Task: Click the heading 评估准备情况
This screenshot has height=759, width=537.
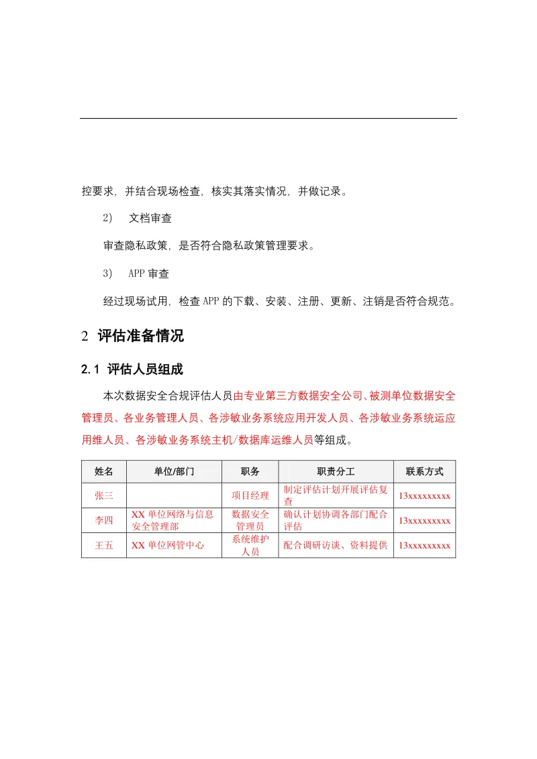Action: point(140,337)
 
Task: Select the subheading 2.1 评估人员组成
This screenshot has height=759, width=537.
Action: point(132,369)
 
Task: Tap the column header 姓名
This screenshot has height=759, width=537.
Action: point(104,471)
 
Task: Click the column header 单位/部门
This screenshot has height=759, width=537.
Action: point(174,471)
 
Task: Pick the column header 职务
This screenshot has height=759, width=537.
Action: point(250,471)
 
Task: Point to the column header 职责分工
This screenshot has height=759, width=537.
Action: point(336,471)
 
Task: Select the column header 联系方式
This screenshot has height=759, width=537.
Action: point(424,471)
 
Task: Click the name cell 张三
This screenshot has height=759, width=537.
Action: point(104,496)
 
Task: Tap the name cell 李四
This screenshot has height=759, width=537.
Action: point(104,521)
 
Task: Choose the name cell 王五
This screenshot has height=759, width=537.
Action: point(104,546)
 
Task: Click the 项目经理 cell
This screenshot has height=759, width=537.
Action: point(250,496)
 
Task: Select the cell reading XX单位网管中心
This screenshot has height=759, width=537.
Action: point(167,546)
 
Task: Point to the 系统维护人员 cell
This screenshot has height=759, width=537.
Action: point(250,546)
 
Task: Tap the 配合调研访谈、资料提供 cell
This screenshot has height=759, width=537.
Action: point(336,546)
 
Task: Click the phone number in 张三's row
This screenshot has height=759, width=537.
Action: point(424,496)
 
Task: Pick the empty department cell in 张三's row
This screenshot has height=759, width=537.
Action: point(174,496)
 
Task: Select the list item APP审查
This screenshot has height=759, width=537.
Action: point(148,274)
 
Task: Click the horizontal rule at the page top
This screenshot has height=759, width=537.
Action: point(268,119)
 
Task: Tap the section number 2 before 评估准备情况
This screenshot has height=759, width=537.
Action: point(85,337)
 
